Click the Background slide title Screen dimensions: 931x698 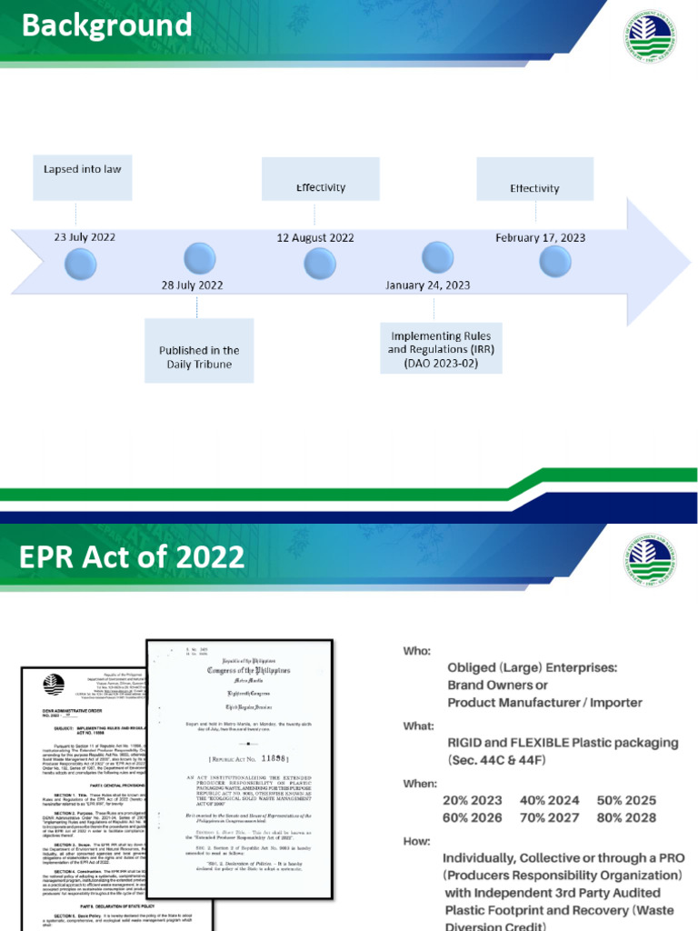[106, 25]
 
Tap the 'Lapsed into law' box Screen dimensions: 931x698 [83, 178]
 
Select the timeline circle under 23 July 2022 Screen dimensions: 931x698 [82, 264]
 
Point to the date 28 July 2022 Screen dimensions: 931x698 [193, 285]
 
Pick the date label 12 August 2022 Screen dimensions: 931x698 [315, 238]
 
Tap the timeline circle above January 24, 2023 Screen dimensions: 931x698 [438, 257]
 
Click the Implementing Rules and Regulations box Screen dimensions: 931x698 [428, 349]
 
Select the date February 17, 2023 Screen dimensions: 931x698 [540, 238]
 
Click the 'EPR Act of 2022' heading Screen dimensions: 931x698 [133, 556]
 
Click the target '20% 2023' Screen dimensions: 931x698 [471, 801]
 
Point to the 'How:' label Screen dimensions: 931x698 [417, 841]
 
